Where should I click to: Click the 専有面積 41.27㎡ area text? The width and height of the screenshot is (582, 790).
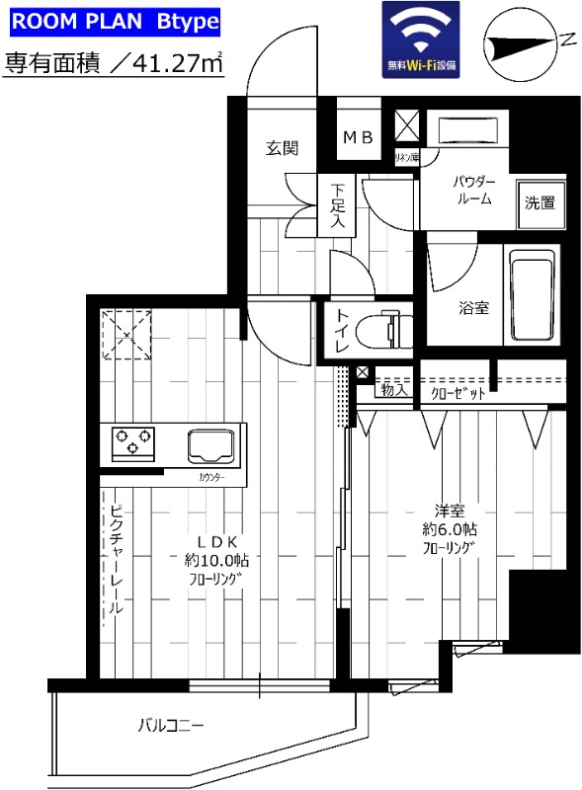click(113, 64)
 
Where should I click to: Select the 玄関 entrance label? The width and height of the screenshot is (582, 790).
click(281, 148)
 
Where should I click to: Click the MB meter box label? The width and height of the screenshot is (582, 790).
click(358, 138)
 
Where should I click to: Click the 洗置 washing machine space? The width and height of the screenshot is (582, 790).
click(540, 203)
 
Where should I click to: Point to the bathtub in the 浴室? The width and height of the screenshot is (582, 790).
click(534, 293)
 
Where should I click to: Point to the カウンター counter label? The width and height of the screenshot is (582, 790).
click(210, 478)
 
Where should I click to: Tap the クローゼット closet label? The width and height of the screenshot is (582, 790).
click(457, 392)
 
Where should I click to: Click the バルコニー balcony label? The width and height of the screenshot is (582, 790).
click(171, 727)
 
